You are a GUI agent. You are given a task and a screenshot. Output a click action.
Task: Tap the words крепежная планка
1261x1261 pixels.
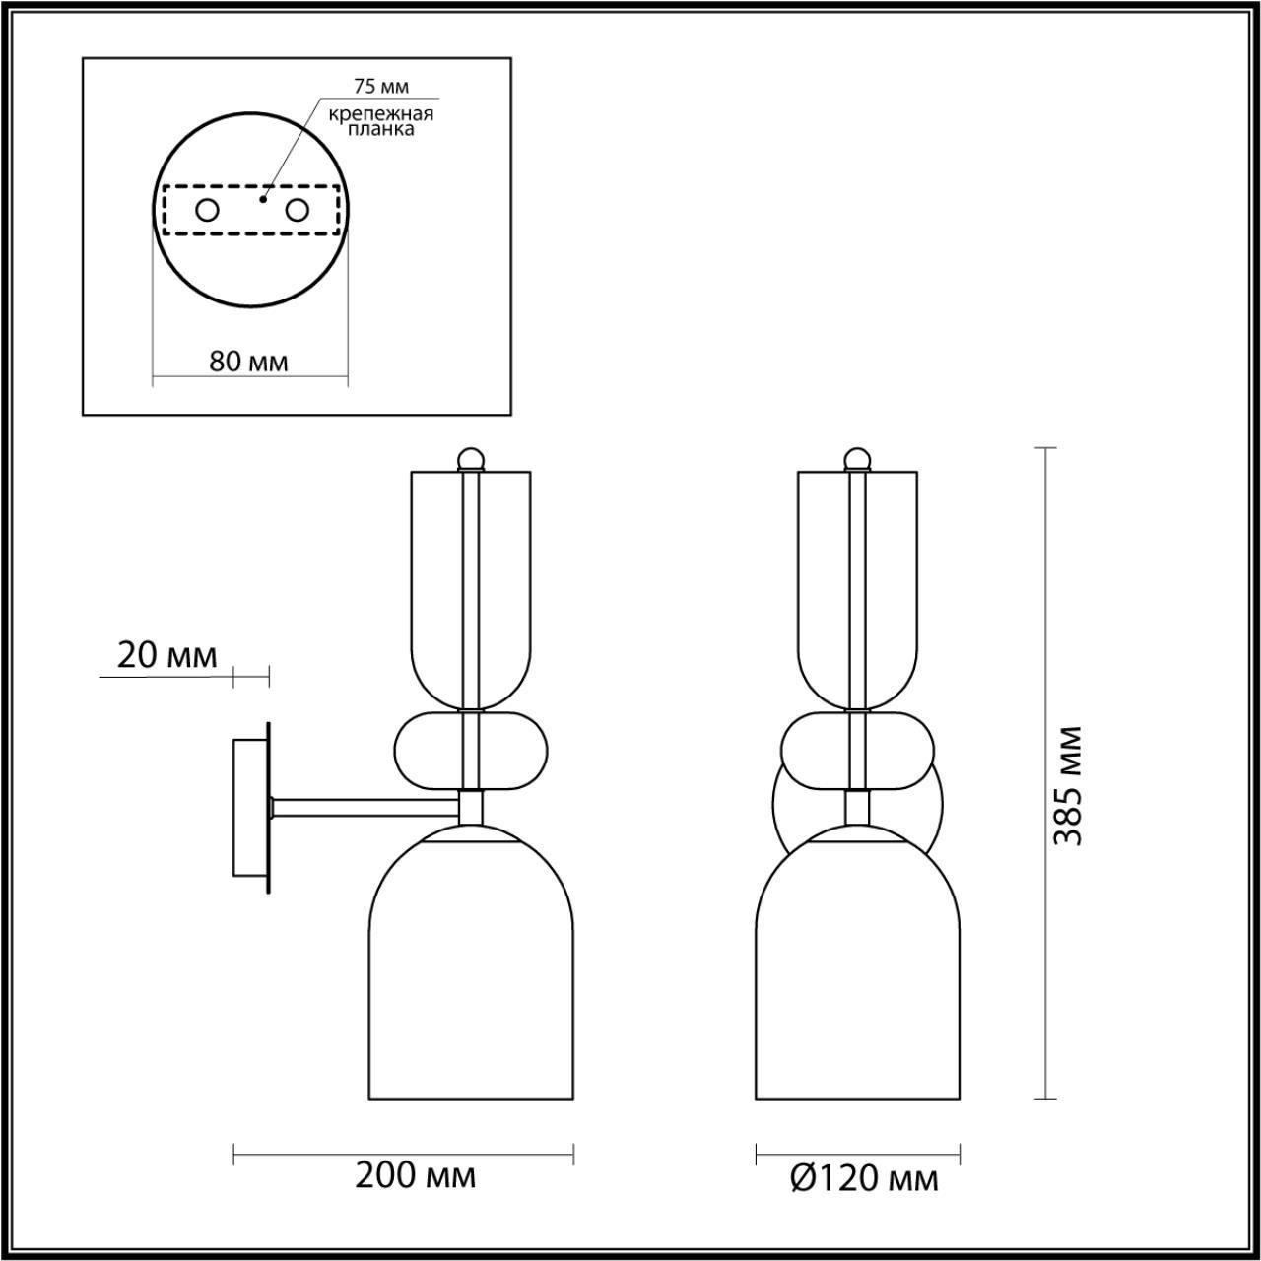381,121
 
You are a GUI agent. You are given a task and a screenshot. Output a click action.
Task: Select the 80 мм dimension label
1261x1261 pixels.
249,362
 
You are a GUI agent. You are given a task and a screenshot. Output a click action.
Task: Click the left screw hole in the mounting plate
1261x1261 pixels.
207,210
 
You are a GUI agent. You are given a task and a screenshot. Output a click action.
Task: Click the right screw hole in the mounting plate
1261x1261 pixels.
297,210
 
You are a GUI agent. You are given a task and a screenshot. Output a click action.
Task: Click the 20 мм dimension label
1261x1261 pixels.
166,656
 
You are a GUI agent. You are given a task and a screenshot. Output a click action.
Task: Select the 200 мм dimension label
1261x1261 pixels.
415,1175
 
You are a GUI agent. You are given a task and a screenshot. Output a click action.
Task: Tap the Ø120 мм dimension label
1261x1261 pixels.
864,1177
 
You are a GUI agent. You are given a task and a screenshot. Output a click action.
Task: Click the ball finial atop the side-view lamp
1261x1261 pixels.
471,459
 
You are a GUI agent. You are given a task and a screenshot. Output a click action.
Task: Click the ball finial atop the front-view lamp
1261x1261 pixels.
857,459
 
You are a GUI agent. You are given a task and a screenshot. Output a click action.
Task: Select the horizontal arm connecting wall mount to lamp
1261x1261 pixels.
365,808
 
